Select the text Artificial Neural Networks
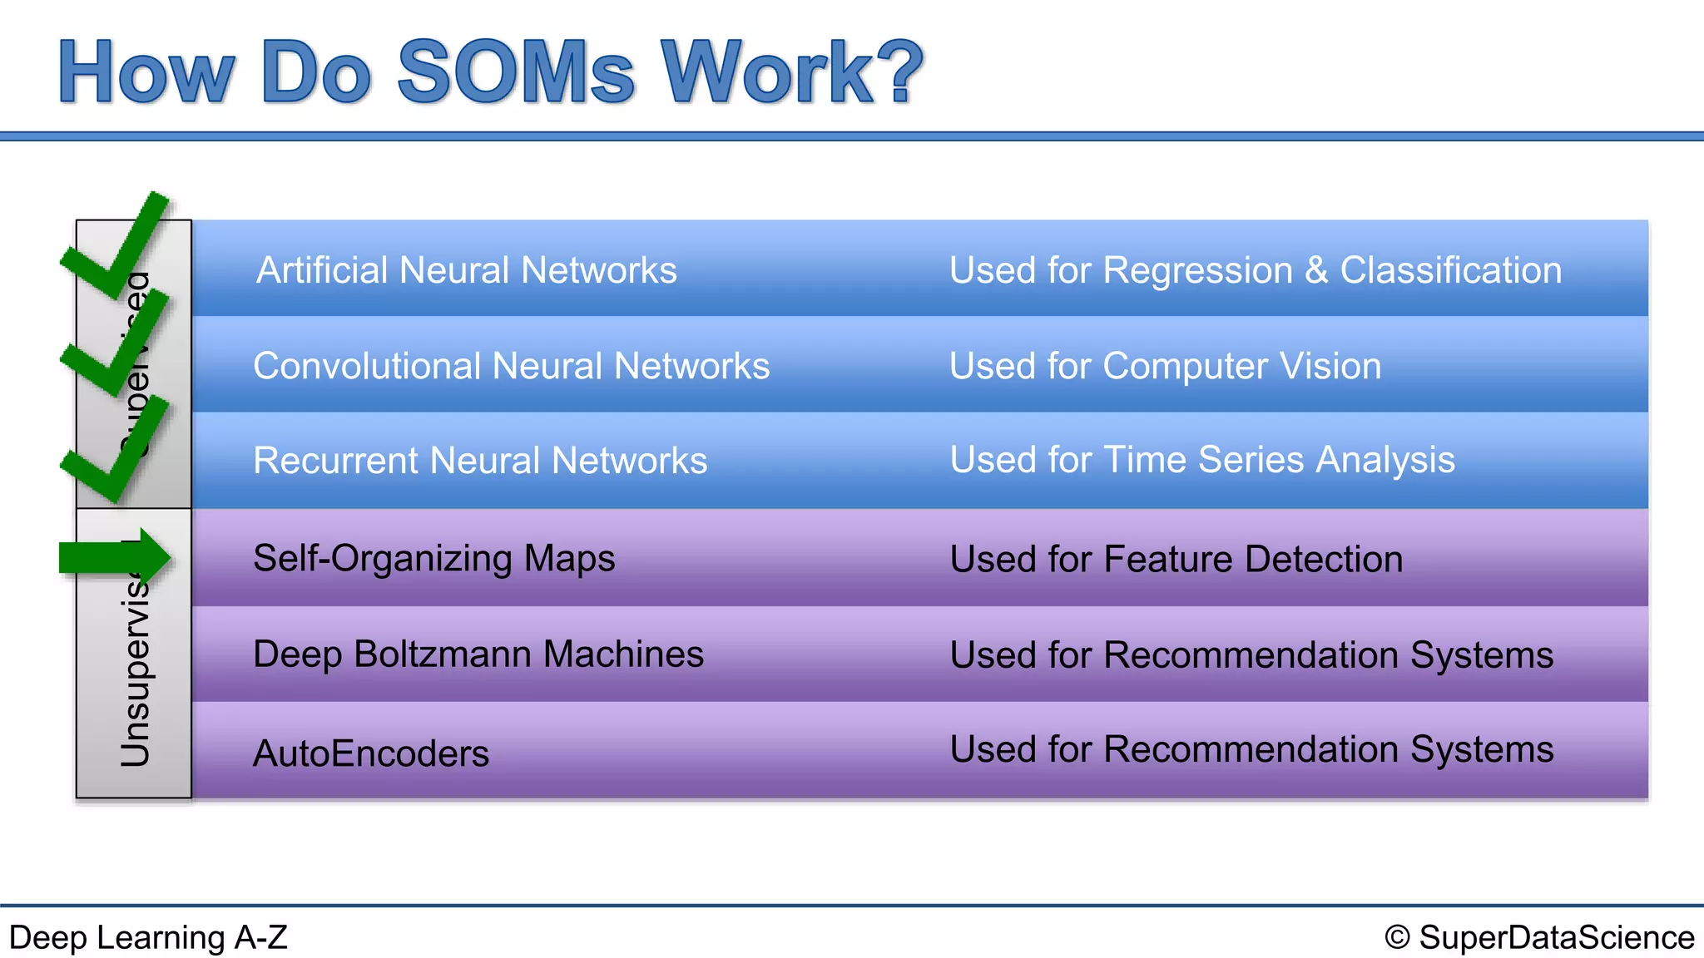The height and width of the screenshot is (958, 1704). coord(466,270)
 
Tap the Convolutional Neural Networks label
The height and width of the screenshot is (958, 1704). coord(511,366)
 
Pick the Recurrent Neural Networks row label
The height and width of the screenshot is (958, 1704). coord(480,461)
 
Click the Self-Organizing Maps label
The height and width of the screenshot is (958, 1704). coord(433,558)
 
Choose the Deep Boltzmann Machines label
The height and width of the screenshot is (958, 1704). coord(478,654)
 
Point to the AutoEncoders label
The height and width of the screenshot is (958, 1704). coord(370,753)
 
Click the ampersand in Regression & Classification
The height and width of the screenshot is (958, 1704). coord(1316,271)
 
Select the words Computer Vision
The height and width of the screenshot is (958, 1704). coord(1241,366)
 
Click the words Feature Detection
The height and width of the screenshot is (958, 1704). coord(1253,559)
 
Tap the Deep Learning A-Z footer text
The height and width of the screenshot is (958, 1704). coord(148,937)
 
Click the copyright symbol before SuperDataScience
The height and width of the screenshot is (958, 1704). coord(1397,937)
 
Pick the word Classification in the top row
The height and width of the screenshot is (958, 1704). coord(1450,270)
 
